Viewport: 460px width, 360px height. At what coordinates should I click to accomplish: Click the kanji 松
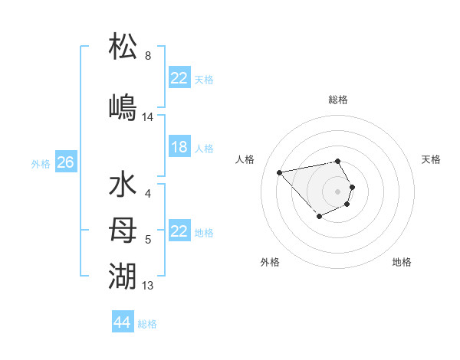[123, 46]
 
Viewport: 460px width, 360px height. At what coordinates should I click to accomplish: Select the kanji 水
[123, 186]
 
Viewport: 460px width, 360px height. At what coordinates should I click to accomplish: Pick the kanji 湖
[123, 274]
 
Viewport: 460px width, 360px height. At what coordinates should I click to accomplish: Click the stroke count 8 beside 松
[148, 56]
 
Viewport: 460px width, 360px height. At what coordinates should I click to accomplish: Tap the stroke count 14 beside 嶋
[148, 117]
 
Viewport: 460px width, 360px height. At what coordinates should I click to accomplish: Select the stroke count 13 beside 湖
[148, 286]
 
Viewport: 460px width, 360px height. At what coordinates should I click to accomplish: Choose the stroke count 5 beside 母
[148, 240]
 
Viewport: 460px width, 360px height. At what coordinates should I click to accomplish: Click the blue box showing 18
[179, 147]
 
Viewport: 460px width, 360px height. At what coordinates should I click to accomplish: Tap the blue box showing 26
[66, 162]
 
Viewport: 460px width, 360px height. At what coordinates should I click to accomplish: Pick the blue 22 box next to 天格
[179, 78]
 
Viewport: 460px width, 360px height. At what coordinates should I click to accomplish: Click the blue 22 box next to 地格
[179, 231]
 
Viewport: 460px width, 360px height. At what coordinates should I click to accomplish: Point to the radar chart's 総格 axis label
[338, 100]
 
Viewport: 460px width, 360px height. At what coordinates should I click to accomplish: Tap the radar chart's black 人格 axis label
[245, 159]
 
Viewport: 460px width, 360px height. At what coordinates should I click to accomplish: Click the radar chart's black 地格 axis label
[402, 262]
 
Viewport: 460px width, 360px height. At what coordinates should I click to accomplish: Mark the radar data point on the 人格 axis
[280, 172]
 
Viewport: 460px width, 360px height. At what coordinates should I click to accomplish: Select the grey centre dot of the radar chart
[337, 191]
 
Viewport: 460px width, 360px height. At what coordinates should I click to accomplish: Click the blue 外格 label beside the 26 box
[41, 163]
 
